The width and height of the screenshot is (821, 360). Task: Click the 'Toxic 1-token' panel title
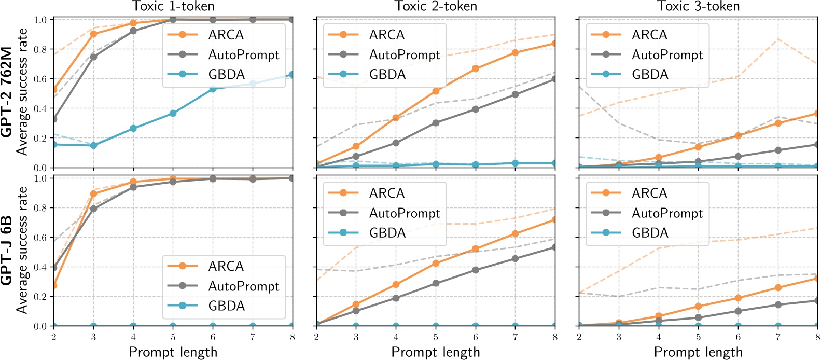coord(173,6)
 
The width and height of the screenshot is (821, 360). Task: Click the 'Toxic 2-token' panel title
coord(436,6)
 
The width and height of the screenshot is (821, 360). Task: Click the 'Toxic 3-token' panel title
coord(698,6)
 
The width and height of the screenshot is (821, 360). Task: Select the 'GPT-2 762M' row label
coord(7,91)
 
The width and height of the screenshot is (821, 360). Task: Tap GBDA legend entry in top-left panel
coord(226,74)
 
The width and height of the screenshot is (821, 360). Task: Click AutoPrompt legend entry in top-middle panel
coord(404,54)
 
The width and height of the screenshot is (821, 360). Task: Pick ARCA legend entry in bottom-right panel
coord(649,193)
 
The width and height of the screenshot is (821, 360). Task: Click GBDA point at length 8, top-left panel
coord(292,75)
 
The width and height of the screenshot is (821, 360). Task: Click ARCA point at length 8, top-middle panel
coord(554,44)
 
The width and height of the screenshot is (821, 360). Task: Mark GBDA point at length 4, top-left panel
coord(133,128)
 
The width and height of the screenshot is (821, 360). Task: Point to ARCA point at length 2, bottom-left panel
coord(54,285)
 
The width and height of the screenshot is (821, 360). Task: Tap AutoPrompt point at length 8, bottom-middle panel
coord(554,247)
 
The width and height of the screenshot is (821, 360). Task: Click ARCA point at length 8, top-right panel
coord(817,114)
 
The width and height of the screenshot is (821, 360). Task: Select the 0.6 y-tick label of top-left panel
coord(40,79)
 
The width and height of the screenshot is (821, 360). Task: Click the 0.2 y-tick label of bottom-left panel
coord(40,297)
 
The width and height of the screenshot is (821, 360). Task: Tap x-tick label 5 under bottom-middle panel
coord(436,337)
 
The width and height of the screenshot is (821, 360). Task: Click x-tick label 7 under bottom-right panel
coord(777,337)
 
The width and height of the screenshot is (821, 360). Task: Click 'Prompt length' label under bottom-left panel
coord(173,352)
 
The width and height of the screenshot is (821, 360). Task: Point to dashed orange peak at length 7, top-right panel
coord(777,39)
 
